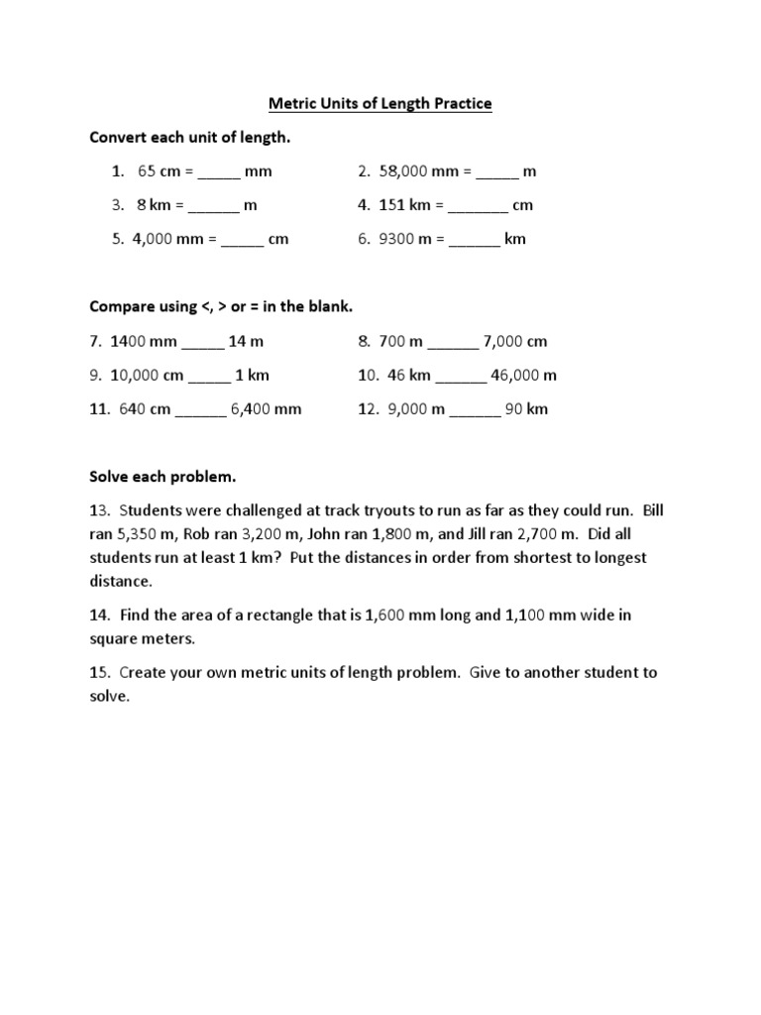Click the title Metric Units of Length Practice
(380, 104)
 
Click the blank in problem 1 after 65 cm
(218, 172)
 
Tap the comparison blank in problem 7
(202, 342)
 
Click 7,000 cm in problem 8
(515, 342)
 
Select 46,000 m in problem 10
(524, 376)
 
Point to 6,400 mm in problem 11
(267, 409)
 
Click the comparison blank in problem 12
(475, 409)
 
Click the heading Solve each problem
(163, 477)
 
